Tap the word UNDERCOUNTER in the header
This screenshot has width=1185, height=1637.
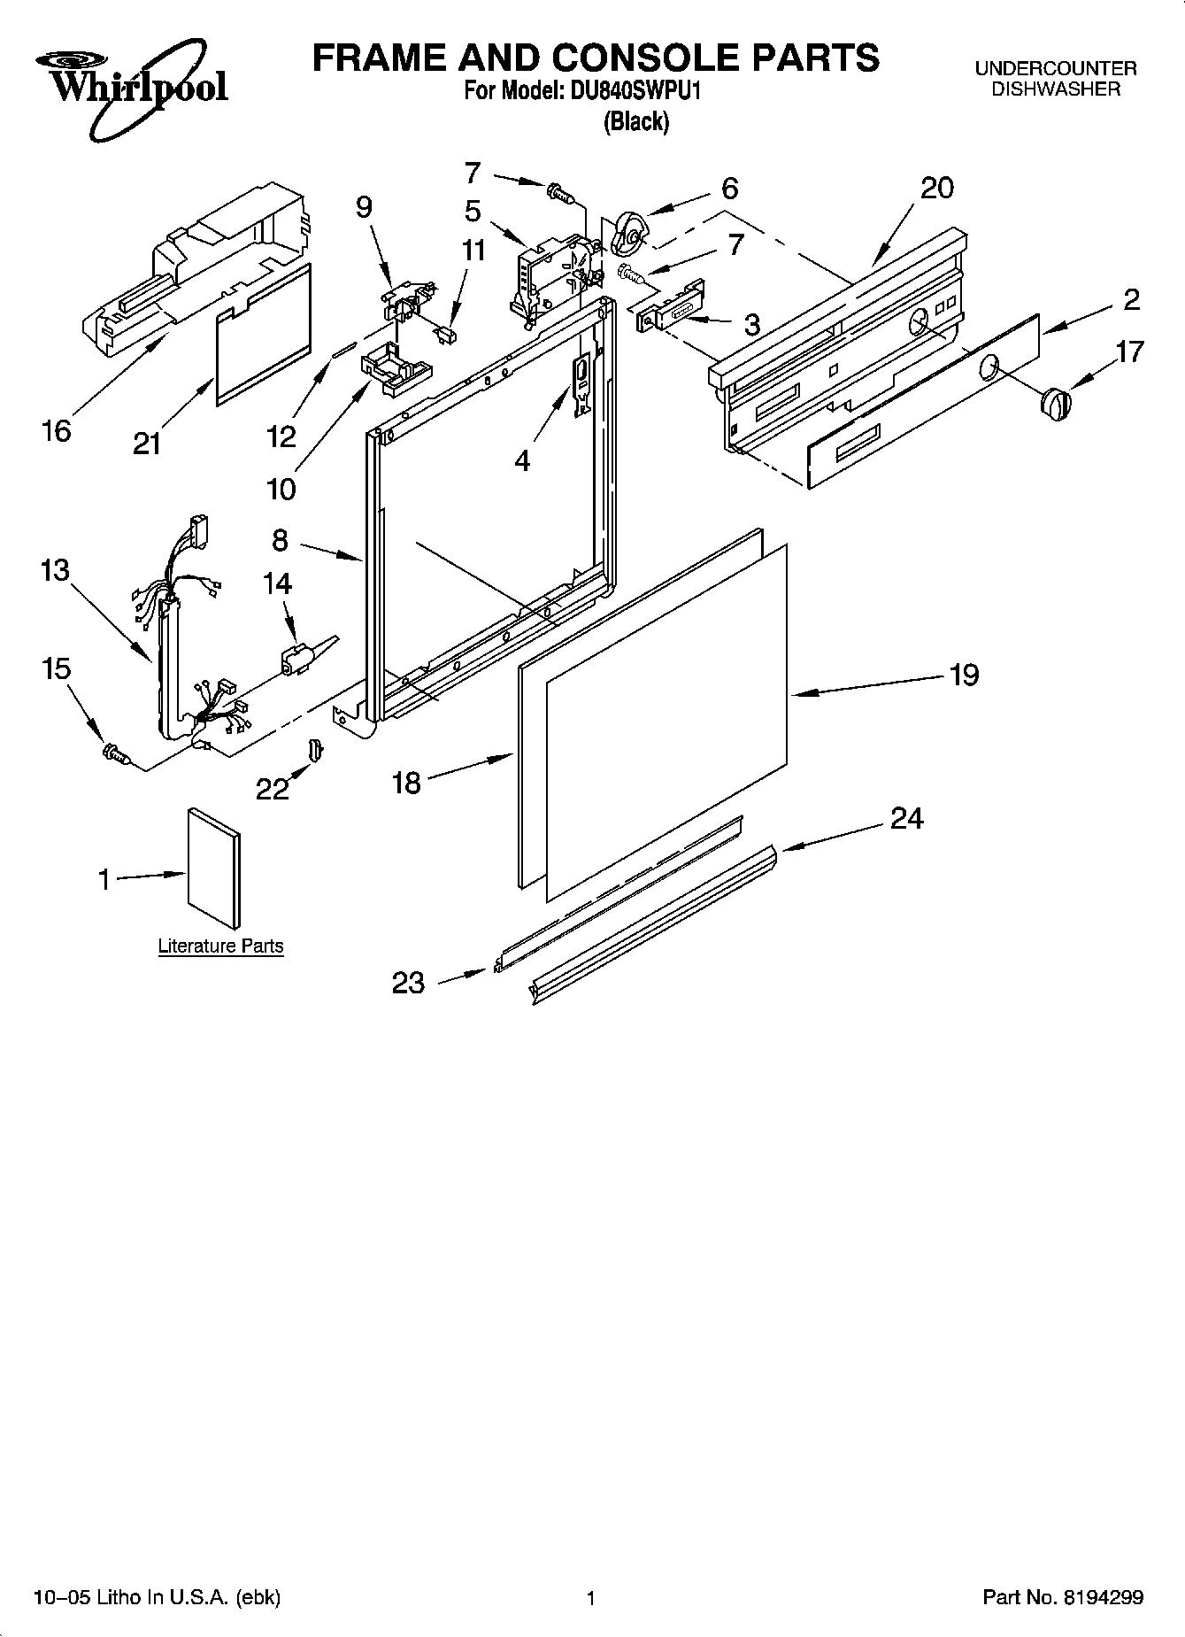pyautogui.click(x=1055, y=68)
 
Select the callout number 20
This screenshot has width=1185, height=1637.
pyautogui.click(x=937, y=188)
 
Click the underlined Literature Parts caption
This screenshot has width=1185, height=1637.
pyautogui.click(x=220, y=946)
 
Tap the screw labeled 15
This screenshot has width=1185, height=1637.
pyautogui.click(x=116, y=753)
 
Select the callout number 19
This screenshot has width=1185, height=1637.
pyautogui.click(x=964, y=675)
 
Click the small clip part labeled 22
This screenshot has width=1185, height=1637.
pyautogui.click(x=316, y=749)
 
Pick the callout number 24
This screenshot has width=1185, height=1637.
pyautogui.click(x=906, y=818)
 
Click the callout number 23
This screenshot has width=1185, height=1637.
pyautogui.click(x=408, y=983)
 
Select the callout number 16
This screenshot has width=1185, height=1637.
pyautogui.click(x=56, y=431)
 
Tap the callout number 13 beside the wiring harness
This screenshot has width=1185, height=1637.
pyautogui.click(x=55, y=569)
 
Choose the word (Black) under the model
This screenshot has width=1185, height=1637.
pyautogui.click(x=635, y=121)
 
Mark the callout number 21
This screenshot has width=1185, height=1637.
pyautogui.click(x=147, y=443)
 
